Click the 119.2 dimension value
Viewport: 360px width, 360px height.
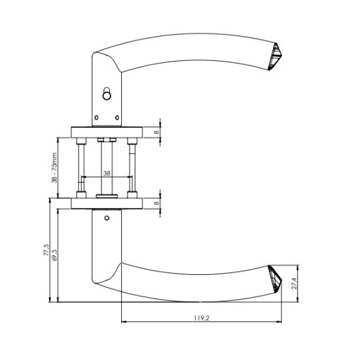[x=202, y=318]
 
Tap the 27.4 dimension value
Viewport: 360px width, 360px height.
[x=294, y=284]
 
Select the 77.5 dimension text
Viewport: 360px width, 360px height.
[x=46, y=250]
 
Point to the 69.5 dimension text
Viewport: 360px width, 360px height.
[x=54, y=255]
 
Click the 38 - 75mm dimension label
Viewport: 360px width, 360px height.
[x=54, y=168]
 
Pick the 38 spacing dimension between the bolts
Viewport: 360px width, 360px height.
[x=107, y=173]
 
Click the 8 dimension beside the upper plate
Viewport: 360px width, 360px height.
[x=156, y=132]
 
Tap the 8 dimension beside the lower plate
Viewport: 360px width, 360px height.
[x=156, y=203]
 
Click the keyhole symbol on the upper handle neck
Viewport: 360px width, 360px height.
[x=107, y=94]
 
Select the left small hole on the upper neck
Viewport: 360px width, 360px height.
[x=96, y=118]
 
